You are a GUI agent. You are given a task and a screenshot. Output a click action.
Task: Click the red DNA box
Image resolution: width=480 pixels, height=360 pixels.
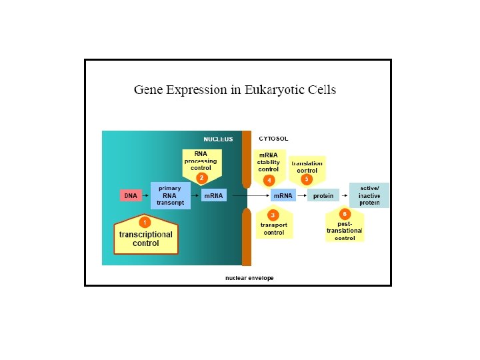coord(131,195)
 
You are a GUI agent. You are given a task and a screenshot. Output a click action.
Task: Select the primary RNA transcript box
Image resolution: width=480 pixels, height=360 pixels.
coord(170,195)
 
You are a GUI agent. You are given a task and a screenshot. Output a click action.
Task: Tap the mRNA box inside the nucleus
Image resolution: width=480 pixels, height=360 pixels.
coord(213,195)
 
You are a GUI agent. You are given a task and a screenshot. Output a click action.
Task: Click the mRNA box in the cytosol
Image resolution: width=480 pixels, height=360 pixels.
coord(283,195)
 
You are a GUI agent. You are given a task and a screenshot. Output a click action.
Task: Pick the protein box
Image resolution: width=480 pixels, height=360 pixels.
coord(323,195)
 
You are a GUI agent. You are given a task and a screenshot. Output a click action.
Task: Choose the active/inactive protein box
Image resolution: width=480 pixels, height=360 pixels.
coord(369,195)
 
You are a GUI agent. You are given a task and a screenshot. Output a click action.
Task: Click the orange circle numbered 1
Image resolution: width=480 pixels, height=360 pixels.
coord(145,221)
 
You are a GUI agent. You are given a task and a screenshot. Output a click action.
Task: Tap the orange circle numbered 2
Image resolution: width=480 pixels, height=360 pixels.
coord(201,177)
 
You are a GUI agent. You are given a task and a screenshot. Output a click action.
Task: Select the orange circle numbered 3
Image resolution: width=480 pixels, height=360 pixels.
coord(273,215)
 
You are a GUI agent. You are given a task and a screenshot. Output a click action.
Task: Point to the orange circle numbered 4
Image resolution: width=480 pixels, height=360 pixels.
coord(269,180)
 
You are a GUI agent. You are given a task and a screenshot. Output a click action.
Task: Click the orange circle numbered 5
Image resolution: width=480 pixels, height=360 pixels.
coord(307,179)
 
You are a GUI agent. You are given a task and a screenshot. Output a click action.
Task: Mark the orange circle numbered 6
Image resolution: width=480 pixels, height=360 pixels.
coord(345,214)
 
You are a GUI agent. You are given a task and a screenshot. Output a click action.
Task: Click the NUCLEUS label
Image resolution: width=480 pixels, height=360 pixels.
coord(218,139)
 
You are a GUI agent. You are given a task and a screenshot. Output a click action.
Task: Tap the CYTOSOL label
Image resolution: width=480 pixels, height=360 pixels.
coord(273,139)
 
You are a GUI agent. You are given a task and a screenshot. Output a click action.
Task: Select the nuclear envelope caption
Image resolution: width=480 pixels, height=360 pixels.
coord(249,278)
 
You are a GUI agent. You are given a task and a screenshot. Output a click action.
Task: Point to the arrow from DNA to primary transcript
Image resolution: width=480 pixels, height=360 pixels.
coord(145,195)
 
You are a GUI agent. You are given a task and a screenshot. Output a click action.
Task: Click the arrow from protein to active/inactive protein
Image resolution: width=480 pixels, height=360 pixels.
coord(345,195)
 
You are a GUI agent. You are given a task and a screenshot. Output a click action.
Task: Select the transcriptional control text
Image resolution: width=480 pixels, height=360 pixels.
coord(146,239)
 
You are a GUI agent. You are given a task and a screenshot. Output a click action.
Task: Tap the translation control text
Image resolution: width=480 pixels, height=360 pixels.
coord(307,167)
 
